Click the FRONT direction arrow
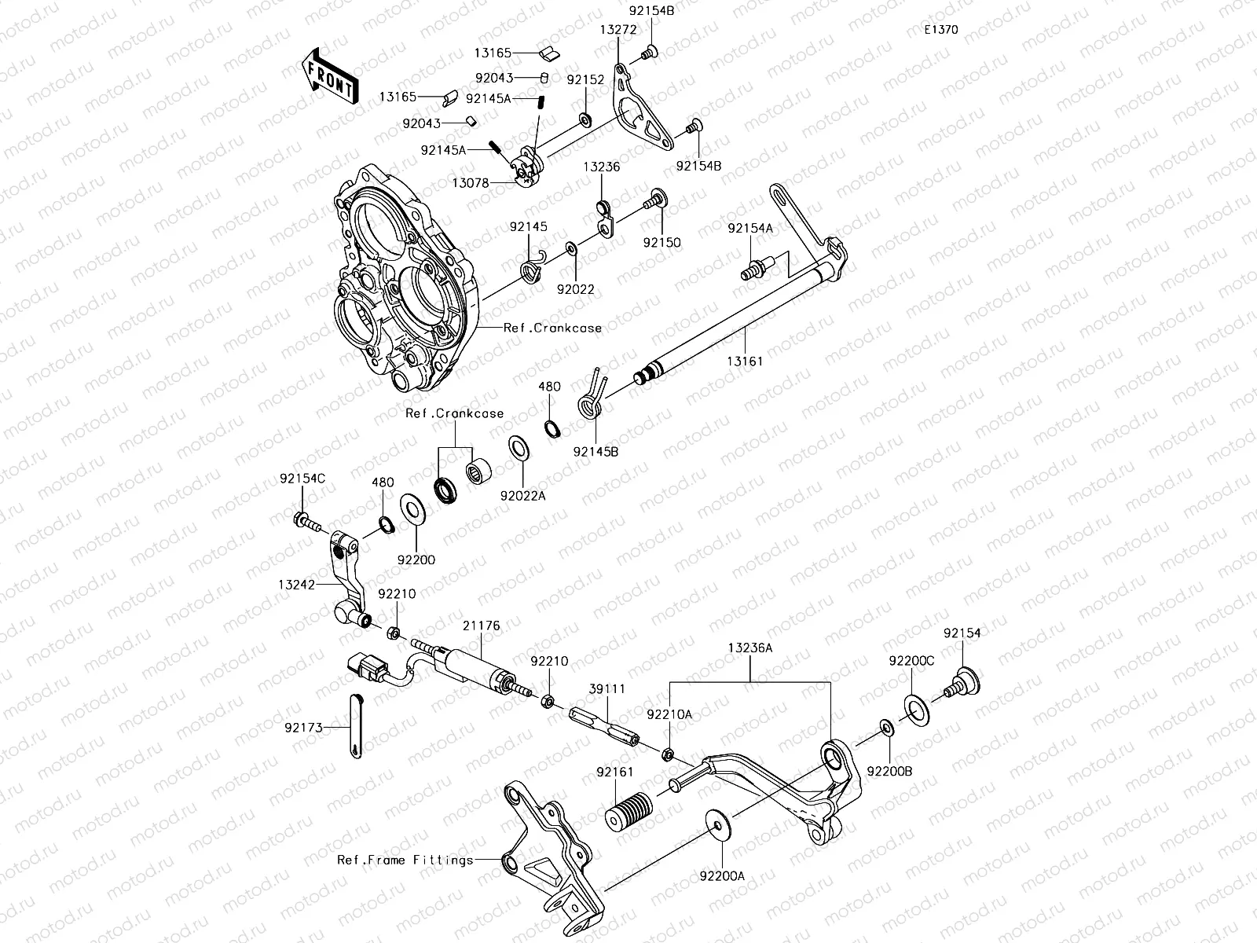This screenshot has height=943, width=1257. tap(330, 76)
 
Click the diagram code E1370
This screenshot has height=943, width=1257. tap(940, 30)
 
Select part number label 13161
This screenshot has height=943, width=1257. tap(745, 361)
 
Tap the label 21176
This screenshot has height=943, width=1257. tap(481, 626)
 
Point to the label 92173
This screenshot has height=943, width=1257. tap(303, 728)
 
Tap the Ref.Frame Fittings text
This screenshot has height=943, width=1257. tap(405, 860)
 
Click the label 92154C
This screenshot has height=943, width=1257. tap(302, 479)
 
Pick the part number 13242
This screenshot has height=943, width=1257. tap(296, 585)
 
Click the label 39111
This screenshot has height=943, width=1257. tap(607, 688)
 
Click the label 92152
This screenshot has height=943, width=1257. tap(585, 80)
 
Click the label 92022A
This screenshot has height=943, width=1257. tap(523, 496)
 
